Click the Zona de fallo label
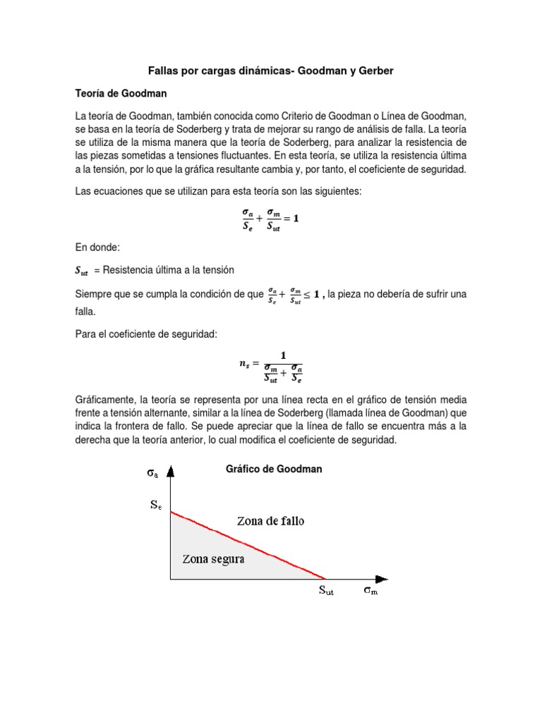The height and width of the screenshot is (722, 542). pyautogui.click(x=270, y=521)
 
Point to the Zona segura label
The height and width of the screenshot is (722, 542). pyautogui.click(x=213, y=559)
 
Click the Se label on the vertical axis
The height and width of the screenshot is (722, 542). pyautogui.click(x=155, y=505)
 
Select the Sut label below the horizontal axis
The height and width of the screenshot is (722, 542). pyautogui.click(x=324, y=591)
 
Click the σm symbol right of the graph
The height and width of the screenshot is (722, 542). pyautogui.click(x=371, y=591)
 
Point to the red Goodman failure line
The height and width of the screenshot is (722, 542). pyautogui.click(x=247, y=544)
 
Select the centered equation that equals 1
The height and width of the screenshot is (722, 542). pyautogui.click(x=270, y=219)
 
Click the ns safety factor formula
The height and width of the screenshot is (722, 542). pyautogui.click(x=271, y=365)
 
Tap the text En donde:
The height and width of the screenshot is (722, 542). pyautogui.click(x=98, y=248)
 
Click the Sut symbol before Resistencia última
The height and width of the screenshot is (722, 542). pyautogui.click(x=82, y=271)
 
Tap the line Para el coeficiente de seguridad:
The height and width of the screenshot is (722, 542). pyautogui.click(x=150, y=333)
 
